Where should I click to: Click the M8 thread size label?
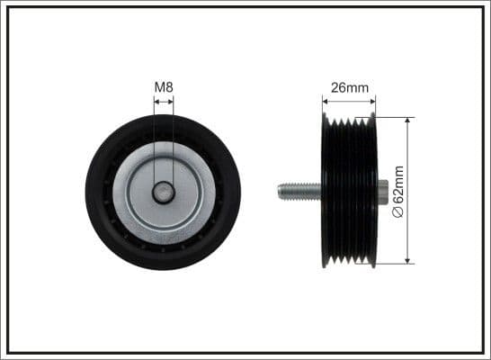(x=163, y=86)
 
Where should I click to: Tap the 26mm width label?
(x=350, y=88)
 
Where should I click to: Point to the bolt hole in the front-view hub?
(x=163, y=191)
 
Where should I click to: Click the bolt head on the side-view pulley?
(x=382, y=191)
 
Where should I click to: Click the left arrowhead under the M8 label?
(x=156, y=102)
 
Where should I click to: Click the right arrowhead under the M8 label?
(x=170, y=102)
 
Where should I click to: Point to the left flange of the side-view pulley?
(x=325, y=191)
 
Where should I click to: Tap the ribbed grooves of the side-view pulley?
(x=349, y=191)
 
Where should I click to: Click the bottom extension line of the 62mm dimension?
(x=396, y=265)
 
